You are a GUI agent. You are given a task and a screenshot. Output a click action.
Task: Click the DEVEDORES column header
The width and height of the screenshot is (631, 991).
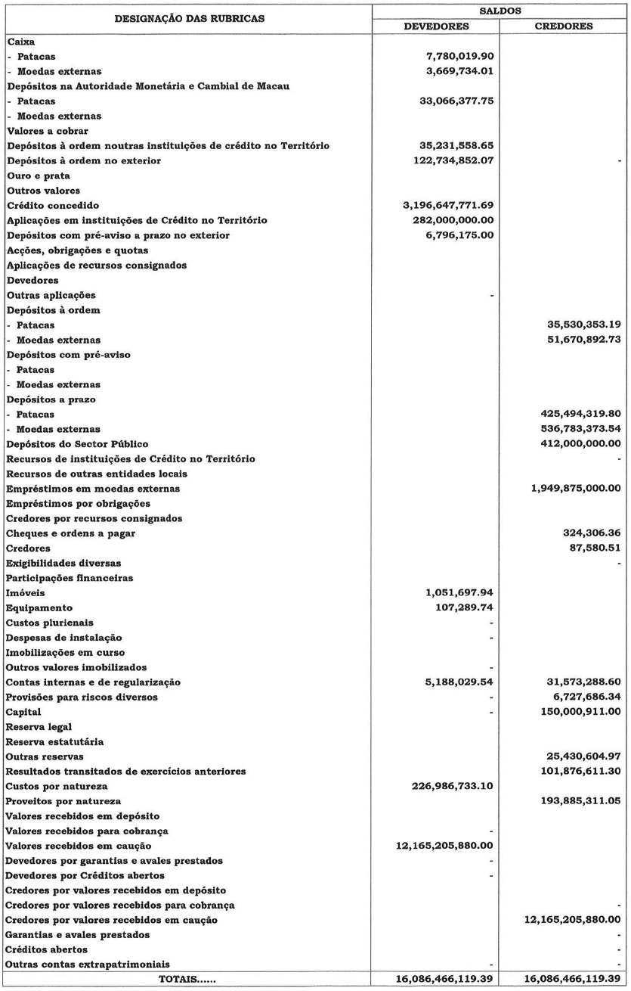[x=437, y=26]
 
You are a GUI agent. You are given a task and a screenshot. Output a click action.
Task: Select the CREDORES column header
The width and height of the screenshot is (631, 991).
[x=564, y=26]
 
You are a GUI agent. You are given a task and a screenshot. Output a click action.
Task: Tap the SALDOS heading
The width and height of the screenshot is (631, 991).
[x=500, y=11]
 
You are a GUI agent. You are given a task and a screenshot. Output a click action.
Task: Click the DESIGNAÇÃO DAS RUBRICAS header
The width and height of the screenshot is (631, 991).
[x=189, y=19]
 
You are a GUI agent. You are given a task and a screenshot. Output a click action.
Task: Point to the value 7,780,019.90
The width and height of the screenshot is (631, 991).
[x=459, y=56]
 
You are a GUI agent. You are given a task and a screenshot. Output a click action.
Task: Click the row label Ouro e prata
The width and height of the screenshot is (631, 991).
[x=38, y=176]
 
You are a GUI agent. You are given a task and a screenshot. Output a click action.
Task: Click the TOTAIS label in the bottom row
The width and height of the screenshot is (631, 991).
[x=187, y=980]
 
